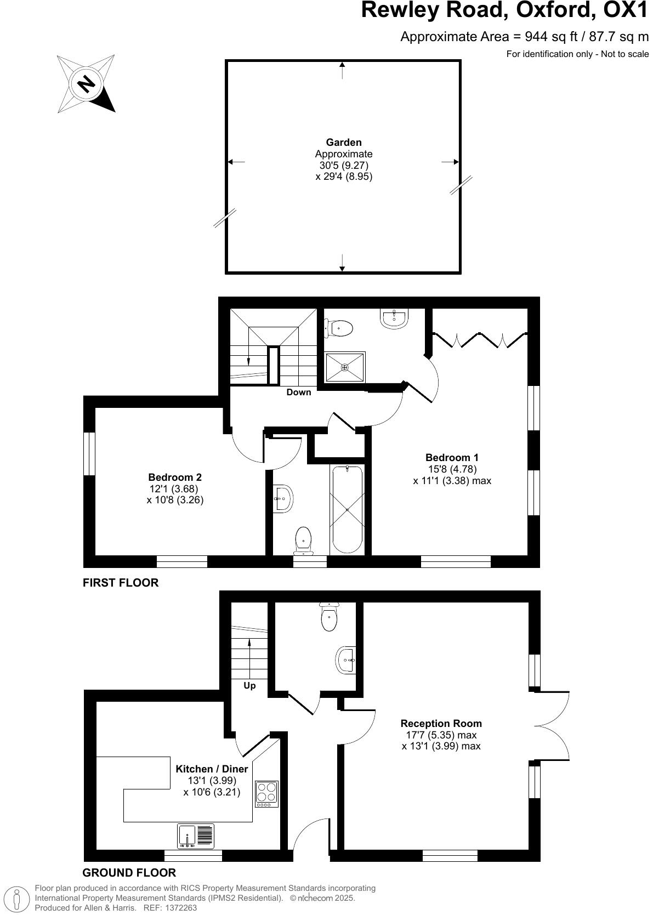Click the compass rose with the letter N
click(86, 83)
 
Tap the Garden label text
click(344, 143)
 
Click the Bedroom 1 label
click(452, 457)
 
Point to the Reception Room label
click(441, 723)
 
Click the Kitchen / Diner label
click(212, 769)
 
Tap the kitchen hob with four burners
click(266, 793)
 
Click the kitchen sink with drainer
click(196, 837)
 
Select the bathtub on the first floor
click(347, 510)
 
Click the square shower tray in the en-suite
click(345, 367)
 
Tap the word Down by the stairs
click(299, 392)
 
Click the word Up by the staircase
click(249, 685)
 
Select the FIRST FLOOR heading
click(121, 583)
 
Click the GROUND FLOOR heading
click(129, 873)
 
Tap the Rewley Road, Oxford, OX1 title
click(504, 11)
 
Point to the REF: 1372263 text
click(169, 908)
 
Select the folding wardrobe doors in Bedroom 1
click(480, 340)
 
